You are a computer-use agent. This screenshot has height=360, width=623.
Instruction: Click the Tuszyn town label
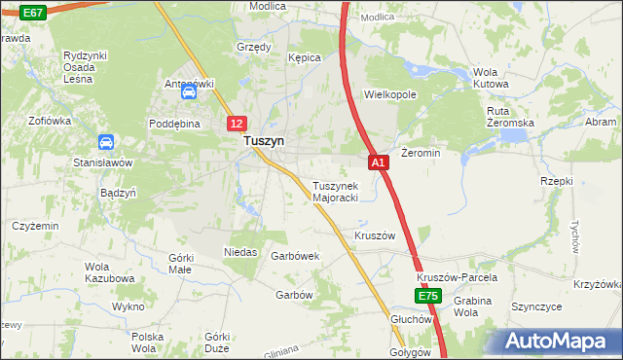pos(263,141)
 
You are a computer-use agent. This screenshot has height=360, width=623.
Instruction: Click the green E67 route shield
pos(31,13)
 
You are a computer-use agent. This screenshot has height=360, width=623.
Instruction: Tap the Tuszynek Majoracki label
pos(336,192)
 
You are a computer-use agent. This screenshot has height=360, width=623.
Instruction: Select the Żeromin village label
pos(421,154)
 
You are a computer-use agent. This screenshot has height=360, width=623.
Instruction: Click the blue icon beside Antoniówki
pos(189,93)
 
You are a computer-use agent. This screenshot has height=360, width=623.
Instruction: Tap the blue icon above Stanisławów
pos(104,143)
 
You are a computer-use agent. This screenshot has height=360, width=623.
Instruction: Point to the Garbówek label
pos(296,257)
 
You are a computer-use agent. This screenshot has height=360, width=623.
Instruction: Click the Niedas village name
pos(240,252)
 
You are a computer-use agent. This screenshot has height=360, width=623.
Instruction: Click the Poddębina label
pos(174,125)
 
